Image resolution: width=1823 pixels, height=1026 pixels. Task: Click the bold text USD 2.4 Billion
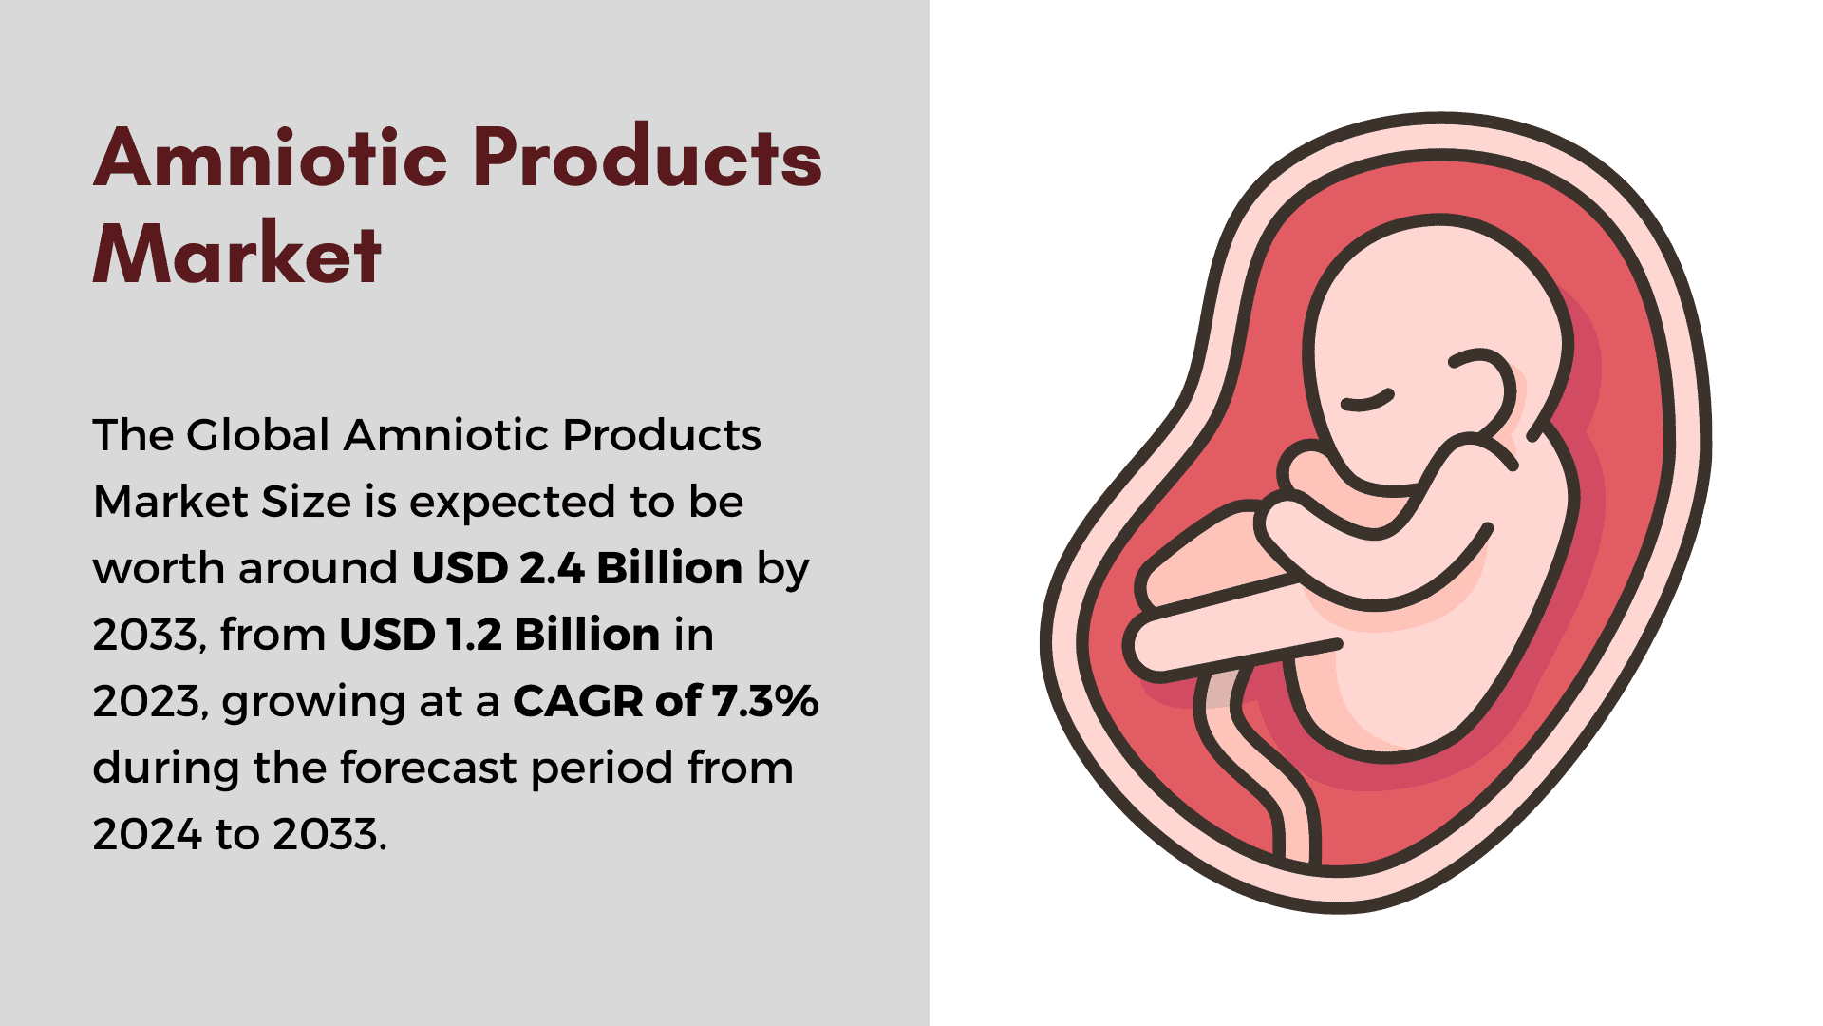577,568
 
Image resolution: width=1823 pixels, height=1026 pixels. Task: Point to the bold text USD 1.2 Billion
499,635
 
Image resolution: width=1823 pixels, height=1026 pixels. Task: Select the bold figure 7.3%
765,701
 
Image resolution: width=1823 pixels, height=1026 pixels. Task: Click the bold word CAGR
578,701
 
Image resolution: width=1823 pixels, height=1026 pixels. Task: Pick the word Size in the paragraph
307,502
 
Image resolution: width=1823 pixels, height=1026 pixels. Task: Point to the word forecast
428,768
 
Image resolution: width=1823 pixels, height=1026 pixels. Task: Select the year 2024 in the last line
147,834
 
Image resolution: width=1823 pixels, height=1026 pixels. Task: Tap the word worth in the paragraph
160,568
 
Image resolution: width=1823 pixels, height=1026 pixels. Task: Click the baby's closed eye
1367,401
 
